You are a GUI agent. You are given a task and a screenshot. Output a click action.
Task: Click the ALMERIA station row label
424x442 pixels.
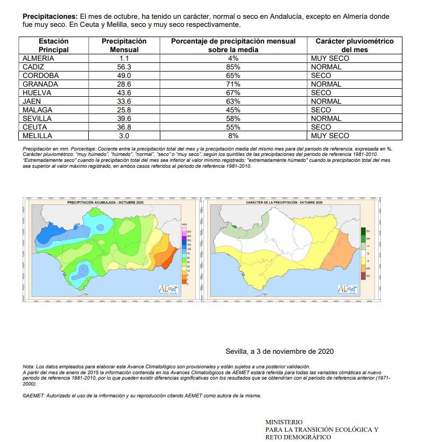tap(38, 58)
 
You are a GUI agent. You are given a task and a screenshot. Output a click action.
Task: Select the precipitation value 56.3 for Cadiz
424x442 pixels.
tap(124, 67)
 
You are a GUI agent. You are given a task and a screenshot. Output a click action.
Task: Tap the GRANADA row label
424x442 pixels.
tap(40, 84)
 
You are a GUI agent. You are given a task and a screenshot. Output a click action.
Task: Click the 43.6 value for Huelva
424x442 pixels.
tap(124, 92)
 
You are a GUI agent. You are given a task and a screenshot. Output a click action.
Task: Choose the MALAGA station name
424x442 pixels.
tap(38, 110)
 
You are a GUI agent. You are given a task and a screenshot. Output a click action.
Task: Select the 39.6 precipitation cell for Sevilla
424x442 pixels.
tap(124, 118)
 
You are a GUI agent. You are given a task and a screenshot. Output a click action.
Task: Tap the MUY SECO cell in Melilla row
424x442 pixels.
tap(330, 136)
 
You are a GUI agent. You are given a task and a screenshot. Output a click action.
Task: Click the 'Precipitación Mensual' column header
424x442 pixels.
tap(124, 45)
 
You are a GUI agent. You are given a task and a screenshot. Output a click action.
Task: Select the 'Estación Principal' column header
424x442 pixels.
tap(54, 45)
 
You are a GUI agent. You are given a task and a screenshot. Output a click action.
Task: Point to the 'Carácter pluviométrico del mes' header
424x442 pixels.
tap(354, 45)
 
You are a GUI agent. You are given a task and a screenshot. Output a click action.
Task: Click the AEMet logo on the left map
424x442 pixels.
tap(168, 288)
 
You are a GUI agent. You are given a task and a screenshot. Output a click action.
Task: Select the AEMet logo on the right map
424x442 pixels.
tap(347, 288)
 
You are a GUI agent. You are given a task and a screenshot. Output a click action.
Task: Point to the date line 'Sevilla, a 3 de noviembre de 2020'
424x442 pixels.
tap(280, 351)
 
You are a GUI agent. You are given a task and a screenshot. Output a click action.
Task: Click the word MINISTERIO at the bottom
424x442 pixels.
tap(284, 422)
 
